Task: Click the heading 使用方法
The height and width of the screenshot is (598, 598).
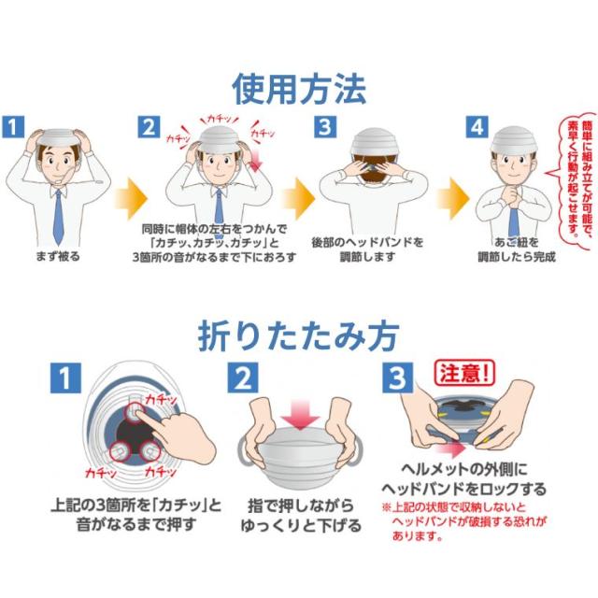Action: pos(299,89)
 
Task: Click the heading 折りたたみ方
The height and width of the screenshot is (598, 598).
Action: pos(299,335)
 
